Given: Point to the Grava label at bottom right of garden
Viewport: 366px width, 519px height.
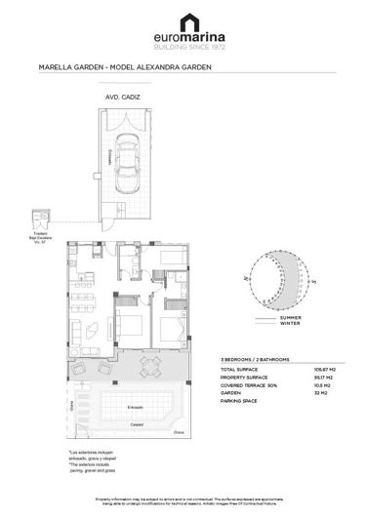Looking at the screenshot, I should coord(178,431).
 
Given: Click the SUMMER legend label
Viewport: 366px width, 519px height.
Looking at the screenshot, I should coord(291,318).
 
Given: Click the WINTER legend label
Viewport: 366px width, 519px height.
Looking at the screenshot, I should coord(290,325).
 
